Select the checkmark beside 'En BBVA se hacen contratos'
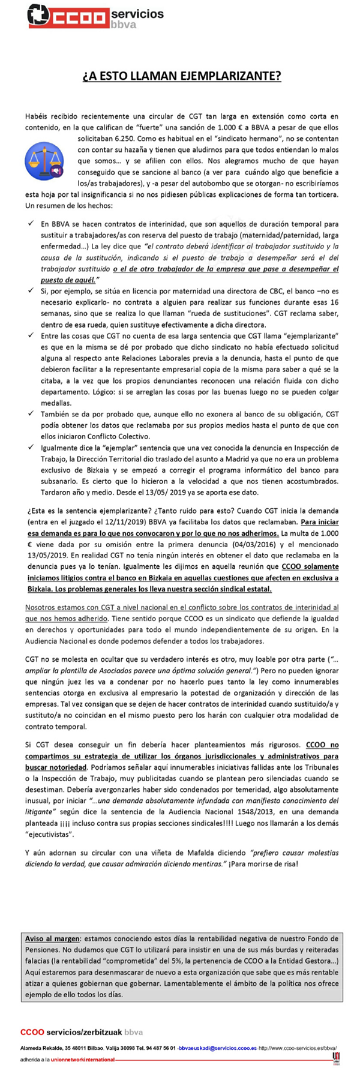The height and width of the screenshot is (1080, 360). pos(31,224)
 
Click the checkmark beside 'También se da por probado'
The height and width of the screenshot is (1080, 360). pos(31,413)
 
